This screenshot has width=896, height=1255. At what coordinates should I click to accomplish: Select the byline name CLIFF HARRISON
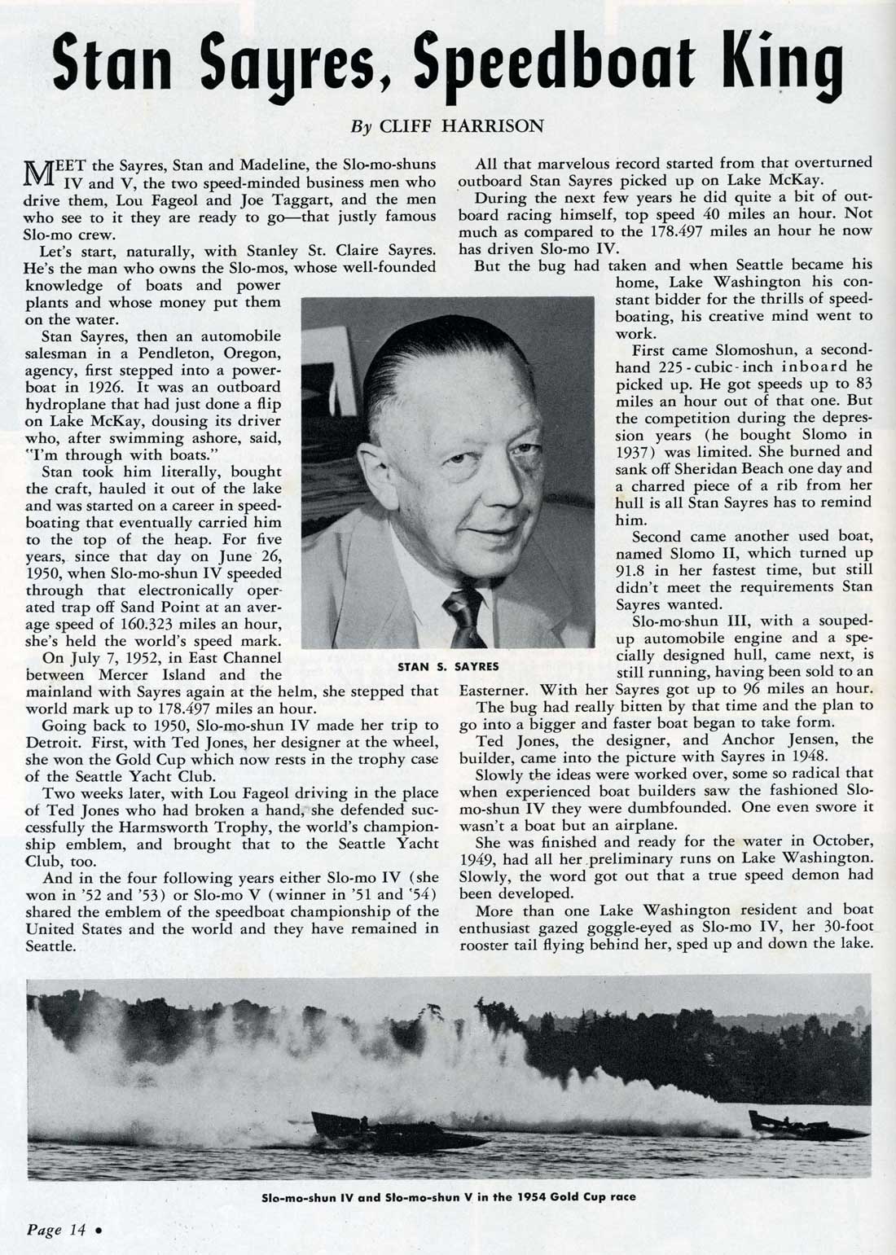tap(482, 126)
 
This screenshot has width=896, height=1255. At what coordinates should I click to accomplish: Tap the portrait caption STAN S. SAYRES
tap(448, 666)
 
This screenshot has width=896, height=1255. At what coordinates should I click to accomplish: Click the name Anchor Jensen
tap(773, 739)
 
